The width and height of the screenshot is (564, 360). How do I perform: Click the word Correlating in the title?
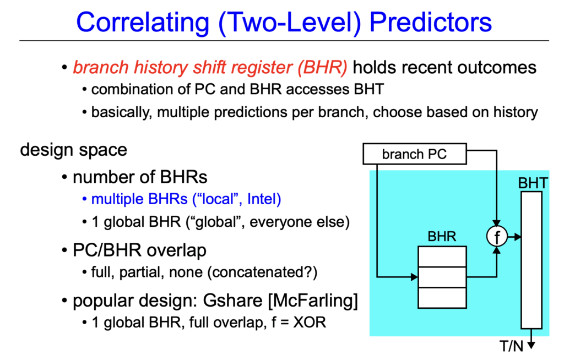143,23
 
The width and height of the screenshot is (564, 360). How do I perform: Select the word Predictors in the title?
431,23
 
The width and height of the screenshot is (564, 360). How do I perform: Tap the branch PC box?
415,154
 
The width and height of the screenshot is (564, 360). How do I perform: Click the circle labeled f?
497,236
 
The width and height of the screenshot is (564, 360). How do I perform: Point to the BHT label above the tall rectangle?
533,183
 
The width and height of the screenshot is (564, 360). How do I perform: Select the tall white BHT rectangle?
532,260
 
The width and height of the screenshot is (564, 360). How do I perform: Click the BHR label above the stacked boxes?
442,236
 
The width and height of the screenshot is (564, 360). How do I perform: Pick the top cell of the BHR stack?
442,257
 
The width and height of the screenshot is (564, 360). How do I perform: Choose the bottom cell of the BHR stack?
442,298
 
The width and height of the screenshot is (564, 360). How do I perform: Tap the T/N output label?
512,346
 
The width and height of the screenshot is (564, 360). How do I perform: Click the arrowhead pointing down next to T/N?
532,345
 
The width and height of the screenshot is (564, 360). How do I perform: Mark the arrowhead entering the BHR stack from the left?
414,277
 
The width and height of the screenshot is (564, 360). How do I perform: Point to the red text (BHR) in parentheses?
322,68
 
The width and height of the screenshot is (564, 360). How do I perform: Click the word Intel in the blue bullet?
264,199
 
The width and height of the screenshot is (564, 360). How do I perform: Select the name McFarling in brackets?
313,301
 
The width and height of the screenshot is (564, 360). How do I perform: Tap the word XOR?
310,322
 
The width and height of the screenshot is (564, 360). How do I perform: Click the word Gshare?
233,301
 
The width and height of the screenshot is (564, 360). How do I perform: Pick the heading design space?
74,150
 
